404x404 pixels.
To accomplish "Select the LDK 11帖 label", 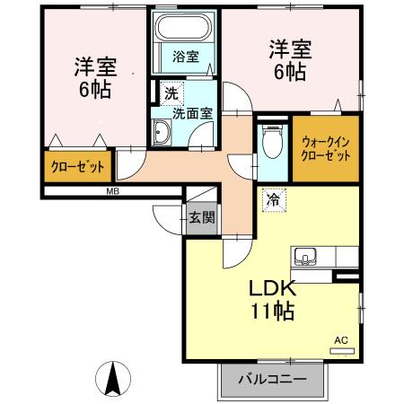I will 271,301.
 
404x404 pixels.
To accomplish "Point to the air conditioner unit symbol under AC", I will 342,349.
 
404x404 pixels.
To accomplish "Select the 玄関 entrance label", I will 201,216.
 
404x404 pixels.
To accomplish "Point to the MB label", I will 113,192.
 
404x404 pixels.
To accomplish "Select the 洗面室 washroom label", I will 192,114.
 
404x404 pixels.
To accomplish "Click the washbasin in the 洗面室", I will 164,135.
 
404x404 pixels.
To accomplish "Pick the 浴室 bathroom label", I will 186,56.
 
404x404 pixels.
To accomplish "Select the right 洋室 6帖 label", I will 286,60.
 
